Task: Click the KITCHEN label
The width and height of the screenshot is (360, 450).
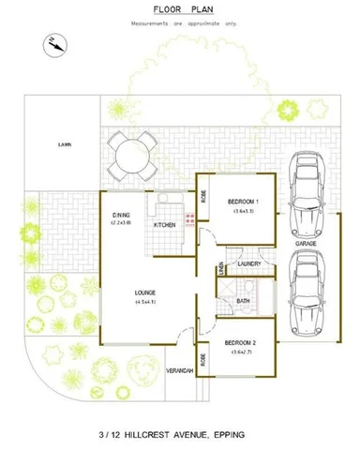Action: pos(163,225)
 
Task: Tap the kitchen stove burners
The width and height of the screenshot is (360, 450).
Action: pos(189,219)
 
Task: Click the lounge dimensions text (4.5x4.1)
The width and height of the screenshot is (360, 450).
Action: pos(144,301)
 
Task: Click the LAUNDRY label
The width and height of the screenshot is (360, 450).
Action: pos(248,264)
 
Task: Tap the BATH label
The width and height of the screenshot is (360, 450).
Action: pos(243,301)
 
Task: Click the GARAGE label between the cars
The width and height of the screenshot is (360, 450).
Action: pos(306,243)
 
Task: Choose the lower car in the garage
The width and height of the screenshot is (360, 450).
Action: pos(307,292)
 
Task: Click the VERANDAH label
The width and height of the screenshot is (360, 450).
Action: pos(179,371)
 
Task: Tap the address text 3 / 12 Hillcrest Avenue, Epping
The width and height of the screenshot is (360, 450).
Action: pos(179,434)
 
